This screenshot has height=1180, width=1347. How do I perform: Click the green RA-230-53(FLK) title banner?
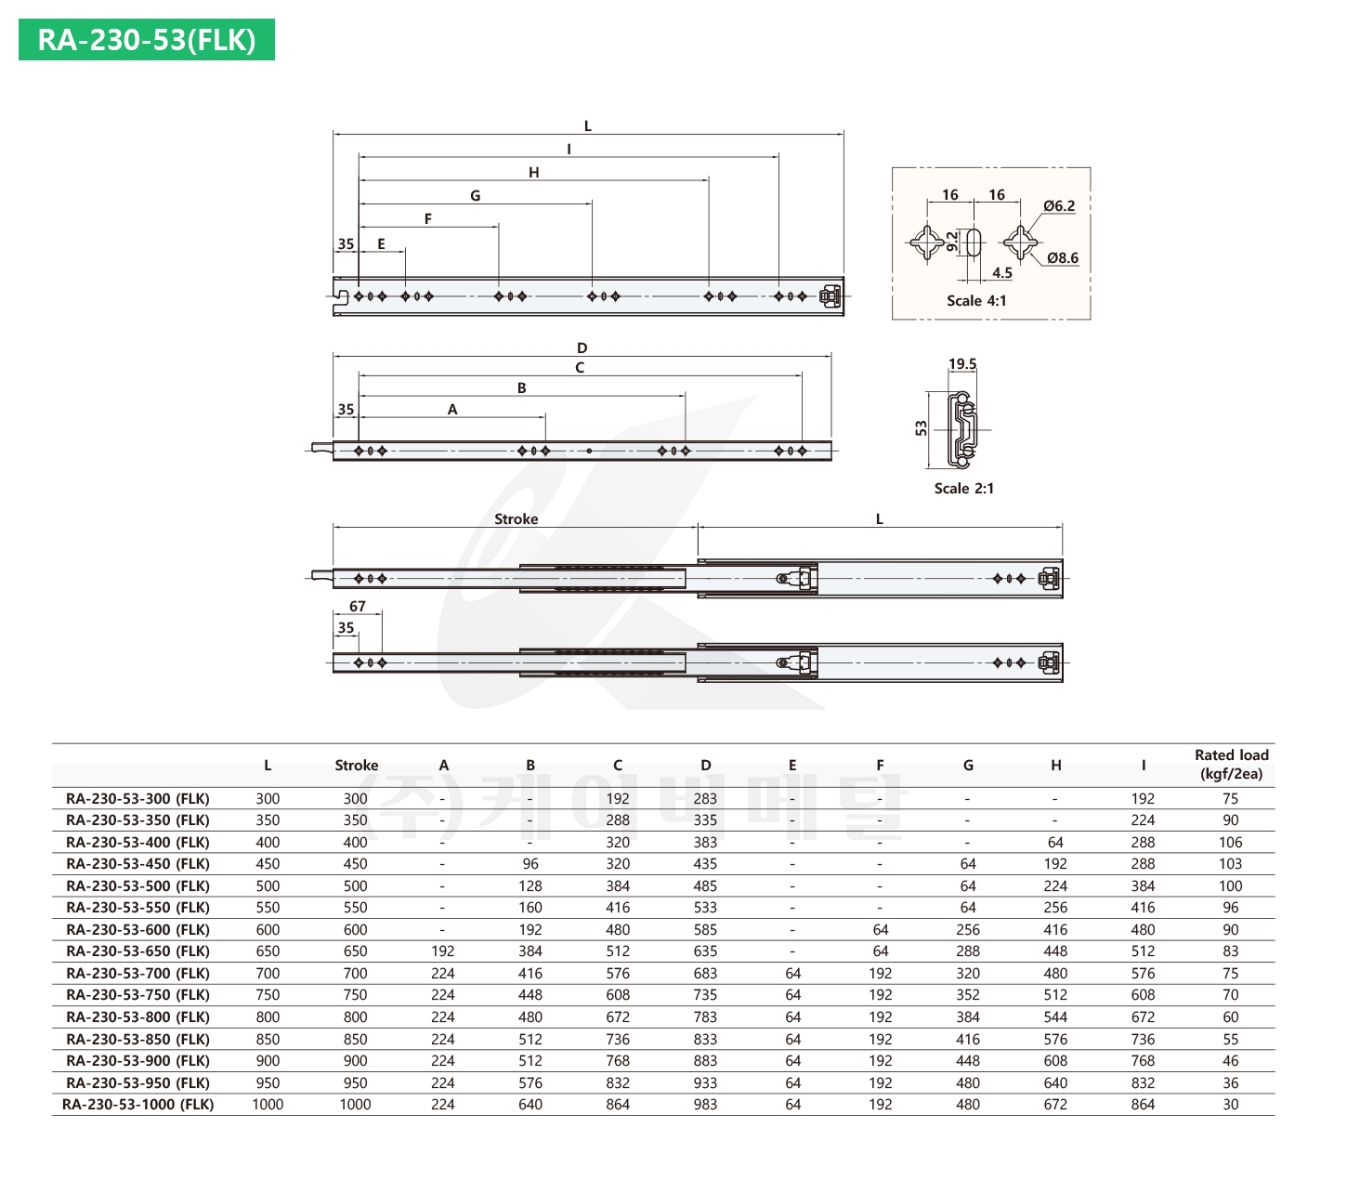coord(146,40)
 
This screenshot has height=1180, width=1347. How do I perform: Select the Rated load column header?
coord(1231,764)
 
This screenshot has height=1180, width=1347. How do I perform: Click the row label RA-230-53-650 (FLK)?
coord(137,951)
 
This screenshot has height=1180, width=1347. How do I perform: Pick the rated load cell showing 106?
coord(1230,842)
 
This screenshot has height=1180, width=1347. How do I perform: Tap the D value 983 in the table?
coord(705,1104)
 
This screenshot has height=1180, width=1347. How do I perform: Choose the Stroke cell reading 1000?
coord(355,1104)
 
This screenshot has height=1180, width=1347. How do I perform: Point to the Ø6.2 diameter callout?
coord(1059,205)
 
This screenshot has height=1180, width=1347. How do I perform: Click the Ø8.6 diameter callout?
coord(1063,257)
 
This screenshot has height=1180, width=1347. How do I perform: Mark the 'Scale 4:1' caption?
coord(976,300)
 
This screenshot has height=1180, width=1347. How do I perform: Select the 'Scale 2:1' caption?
coord(964,488)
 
